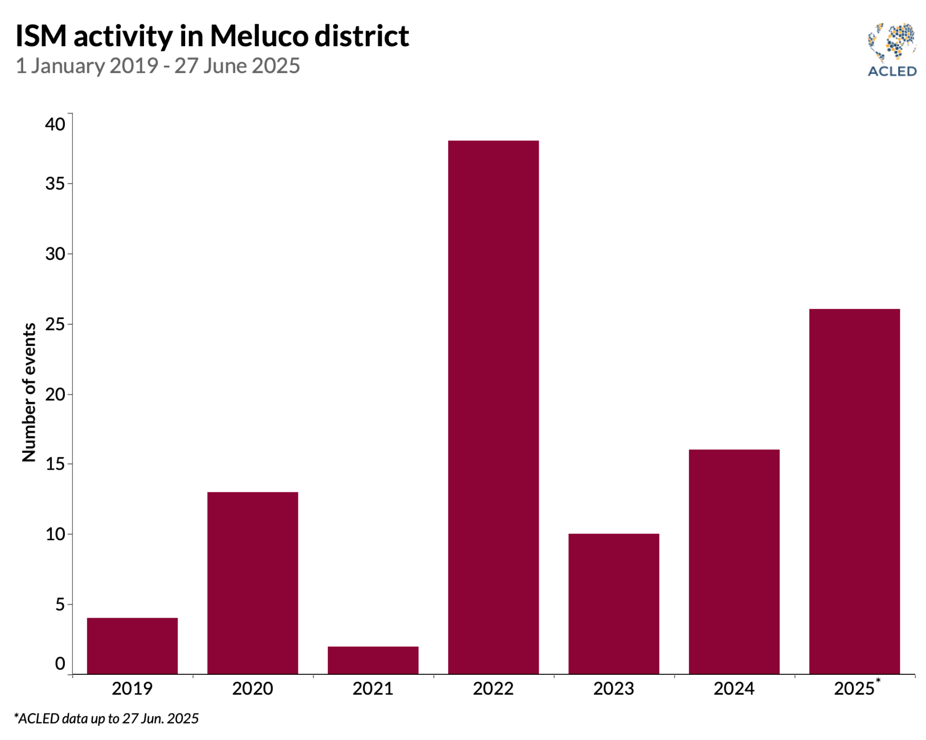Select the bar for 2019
tap(132, 645)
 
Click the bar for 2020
tap(253, 583)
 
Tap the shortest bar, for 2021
tap(373, 660)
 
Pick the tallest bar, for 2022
tap(493, 407)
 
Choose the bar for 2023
tap(614, 604)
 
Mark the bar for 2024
tap(734, 562)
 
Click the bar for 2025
tap(854, 491)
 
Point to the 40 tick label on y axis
tap(55, 124)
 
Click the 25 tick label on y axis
tap(55, 324)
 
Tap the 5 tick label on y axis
tap(60, 604)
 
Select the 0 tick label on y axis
tap(60, 663)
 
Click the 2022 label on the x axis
tap(493, 689)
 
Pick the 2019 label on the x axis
tap(132, 689)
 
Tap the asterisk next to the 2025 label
tap(878, 681)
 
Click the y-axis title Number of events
tap(29, 393)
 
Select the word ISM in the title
tap(41, 36)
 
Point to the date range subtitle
tap(157, 66)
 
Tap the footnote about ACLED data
tap(106, 718)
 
